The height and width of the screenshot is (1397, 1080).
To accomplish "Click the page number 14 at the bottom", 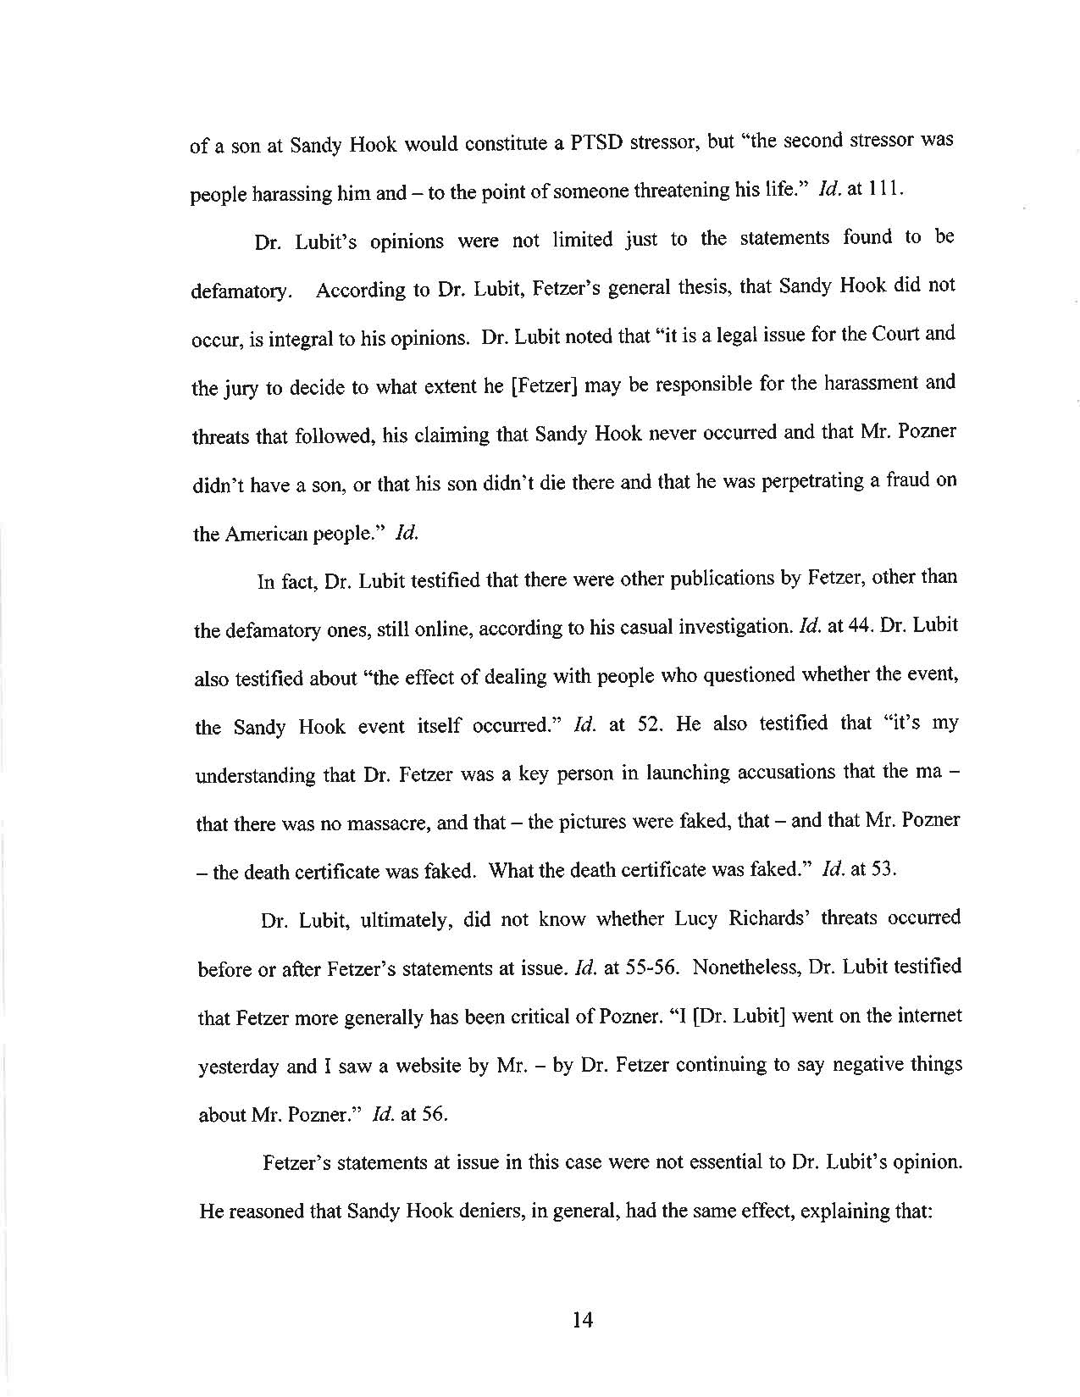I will (x=583, y=1318).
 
